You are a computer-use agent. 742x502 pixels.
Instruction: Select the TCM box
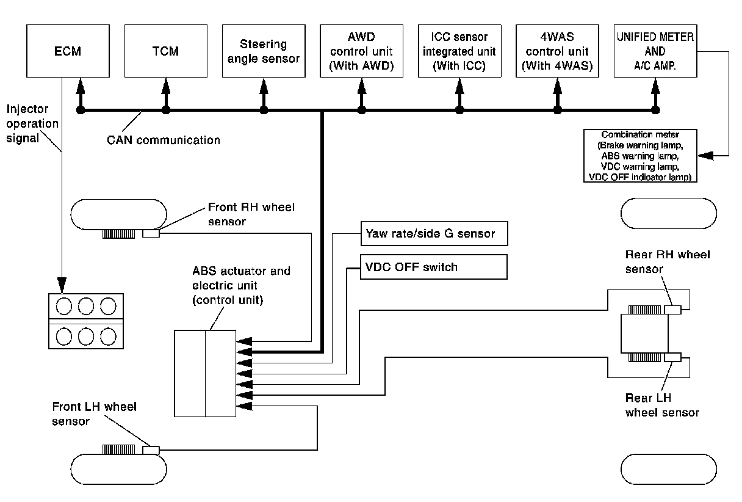coord(165,51)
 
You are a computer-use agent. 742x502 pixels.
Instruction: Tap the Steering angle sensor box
coord(263,51)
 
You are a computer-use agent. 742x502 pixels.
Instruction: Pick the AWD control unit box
coord(361,51)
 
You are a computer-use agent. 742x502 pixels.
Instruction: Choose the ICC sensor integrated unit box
coord(459,51)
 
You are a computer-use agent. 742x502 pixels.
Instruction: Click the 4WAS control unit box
coord(557,51)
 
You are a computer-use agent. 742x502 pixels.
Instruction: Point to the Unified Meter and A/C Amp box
coord(655,51)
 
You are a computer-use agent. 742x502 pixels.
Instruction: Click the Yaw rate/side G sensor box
coord(434,233)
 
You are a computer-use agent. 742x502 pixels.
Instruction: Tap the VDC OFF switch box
coord(434,267)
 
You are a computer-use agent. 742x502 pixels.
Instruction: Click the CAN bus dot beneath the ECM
coord(79,111)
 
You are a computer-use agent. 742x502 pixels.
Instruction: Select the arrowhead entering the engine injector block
coord(62,285)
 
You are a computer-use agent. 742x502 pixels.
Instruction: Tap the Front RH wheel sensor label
coord(251,214)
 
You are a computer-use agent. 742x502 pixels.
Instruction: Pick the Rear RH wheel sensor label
coord(667,261)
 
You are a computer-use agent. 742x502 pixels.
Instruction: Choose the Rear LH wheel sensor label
coord(662,406)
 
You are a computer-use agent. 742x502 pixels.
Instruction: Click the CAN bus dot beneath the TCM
coord(165,111)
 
